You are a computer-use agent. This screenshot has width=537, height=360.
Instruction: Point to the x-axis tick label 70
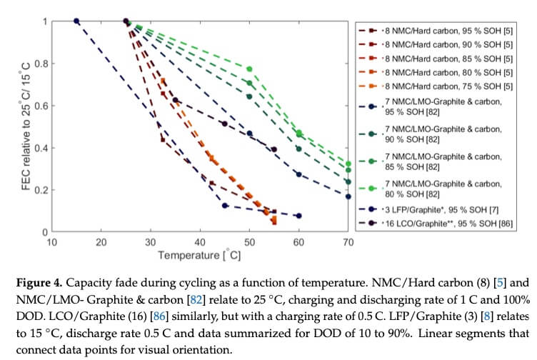click(x=348, y=241)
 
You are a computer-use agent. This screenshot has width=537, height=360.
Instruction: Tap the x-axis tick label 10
click(x=52, y=241)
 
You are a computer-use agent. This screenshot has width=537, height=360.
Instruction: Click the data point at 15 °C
click(x=76, y=21)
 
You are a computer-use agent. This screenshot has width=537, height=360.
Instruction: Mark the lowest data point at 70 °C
click(x=348, y=196)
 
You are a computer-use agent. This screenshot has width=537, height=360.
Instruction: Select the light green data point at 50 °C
click(x=249, y=69)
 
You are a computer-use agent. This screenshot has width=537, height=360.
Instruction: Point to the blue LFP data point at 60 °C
click(x=298, y=216)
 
